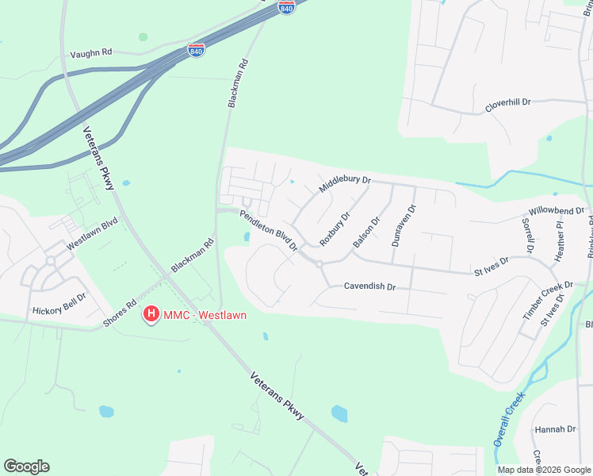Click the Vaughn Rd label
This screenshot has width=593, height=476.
coord(91,52)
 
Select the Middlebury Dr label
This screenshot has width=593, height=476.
coord(345,185)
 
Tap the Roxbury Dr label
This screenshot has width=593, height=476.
coord(335,229)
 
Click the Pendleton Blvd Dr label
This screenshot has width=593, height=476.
coord(268,230)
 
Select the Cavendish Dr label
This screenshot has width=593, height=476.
coord(369,286)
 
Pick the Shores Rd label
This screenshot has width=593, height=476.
coord(120,313)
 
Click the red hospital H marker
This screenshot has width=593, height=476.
coord(149,315)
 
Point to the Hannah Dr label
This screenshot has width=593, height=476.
coord(555,429)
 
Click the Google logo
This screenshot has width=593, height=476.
coord(26,466)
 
